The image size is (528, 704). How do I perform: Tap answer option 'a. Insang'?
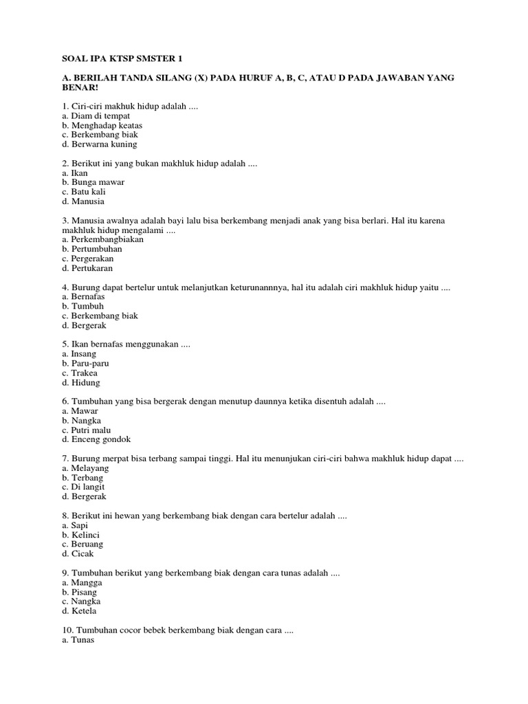[78, 353]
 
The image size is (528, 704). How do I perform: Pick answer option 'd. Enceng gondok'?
[96, 439]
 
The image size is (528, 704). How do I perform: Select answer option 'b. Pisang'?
[79, 592]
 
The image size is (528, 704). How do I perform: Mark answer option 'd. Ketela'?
[78, 610]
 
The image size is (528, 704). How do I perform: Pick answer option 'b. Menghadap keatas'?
[100, 125]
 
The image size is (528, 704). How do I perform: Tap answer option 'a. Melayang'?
[85, 467]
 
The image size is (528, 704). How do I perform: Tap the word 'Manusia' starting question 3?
[89, 220]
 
